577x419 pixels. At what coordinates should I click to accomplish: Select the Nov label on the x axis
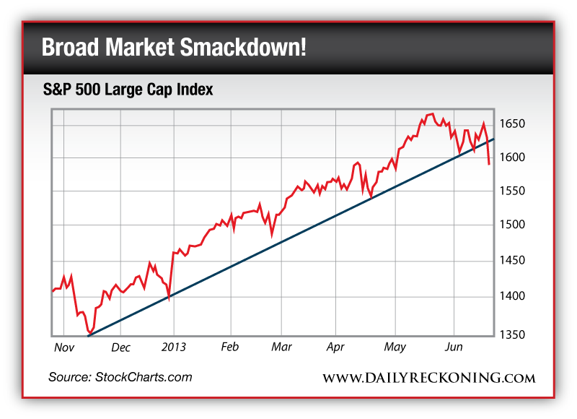[x=65, y=347]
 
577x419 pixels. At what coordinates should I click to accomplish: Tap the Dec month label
[x=121, y=347]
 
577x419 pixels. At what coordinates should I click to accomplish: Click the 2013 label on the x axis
[x=173, y=347]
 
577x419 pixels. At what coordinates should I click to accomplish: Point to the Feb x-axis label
[x=229, y=347]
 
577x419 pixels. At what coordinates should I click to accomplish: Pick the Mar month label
[x=282, y=347]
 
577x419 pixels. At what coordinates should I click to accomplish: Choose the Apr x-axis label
[x=335, y=347]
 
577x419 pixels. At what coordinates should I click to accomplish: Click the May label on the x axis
[x=395, y=347]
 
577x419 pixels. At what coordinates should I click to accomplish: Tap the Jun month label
[x=453, y=347]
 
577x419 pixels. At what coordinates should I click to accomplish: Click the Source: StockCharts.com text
[x=120, y=377]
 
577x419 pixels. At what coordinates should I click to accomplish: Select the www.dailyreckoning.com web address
[x=428, y=378]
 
